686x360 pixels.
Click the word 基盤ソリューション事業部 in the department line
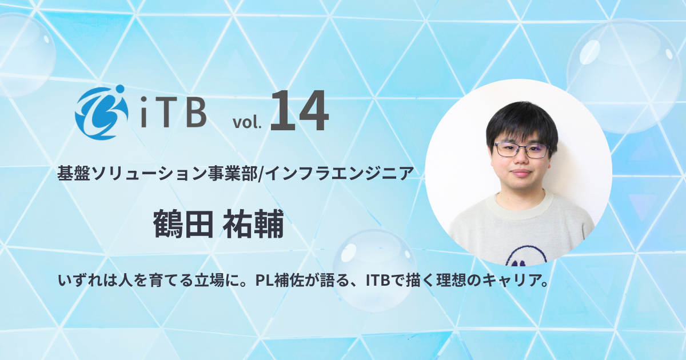click(158, 173)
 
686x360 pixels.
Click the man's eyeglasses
click(520, 150)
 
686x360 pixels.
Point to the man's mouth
click(521, 174)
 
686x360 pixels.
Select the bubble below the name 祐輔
click(374, 269)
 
